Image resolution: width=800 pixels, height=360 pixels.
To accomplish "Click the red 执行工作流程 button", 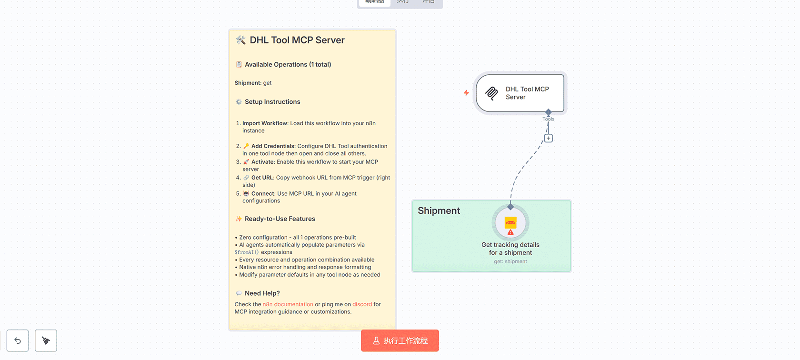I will (400, 340).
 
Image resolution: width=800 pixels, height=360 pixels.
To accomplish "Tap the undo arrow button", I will (18, 340).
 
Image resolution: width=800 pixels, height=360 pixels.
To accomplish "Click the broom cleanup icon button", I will (46, 340).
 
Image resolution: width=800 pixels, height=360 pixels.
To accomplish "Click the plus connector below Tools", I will (549, 138).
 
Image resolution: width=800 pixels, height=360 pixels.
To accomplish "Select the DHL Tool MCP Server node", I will (520, 93).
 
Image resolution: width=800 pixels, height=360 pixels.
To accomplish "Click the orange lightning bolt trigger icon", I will (466, 93).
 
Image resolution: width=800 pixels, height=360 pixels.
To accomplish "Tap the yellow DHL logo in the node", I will (510, 222).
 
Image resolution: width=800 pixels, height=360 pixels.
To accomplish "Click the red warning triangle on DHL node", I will (510, 232).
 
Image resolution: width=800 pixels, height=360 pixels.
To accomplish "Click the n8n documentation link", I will (288, 304).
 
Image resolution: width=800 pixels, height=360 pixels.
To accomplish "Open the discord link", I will (362, 304).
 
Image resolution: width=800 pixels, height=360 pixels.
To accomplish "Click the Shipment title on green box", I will (439, 210).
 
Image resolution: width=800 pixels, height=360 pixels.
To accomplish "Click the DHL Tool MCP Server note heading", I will (297, 40).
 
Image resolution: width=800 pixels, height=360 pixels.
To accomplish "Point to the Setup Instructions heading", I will (272, 102).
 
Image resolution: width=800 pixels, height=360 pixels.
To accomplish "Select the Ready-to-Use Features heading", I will (280, 219).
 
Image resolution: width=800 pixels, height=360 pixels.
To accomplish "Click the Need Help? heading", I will (262, 293).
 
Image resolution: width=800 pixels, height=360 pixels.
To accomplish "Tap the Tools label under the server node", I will (548, 119).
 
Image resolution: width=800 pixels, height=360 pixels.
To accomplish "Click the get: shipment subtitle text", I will (510, 261).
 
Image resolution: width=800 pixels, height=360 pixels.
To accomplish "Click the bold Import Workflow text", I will (265, 123).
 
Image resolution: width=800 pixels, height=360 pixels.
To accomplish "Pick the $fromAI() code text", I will (247, 252).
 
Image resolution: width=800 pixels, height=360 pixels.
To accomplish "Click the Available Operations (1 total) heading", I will (288, 64).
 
